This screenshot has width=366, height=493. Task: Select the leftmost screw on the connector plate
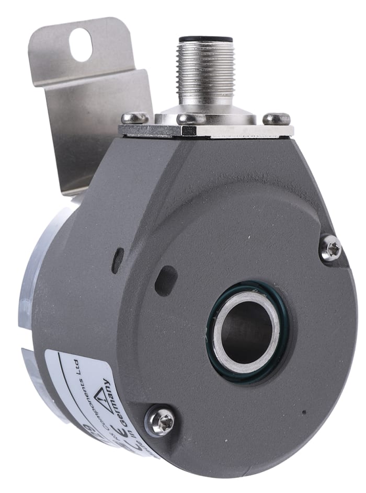(x=134, y=118)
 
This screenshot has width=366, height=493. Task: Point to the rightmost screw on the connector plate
(x=276, y=119)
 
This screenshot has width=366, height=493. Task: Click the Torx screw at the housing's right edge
(x=330, y=248)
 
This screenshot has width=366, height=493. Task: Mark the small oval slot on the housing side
(x=118, y=256)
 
